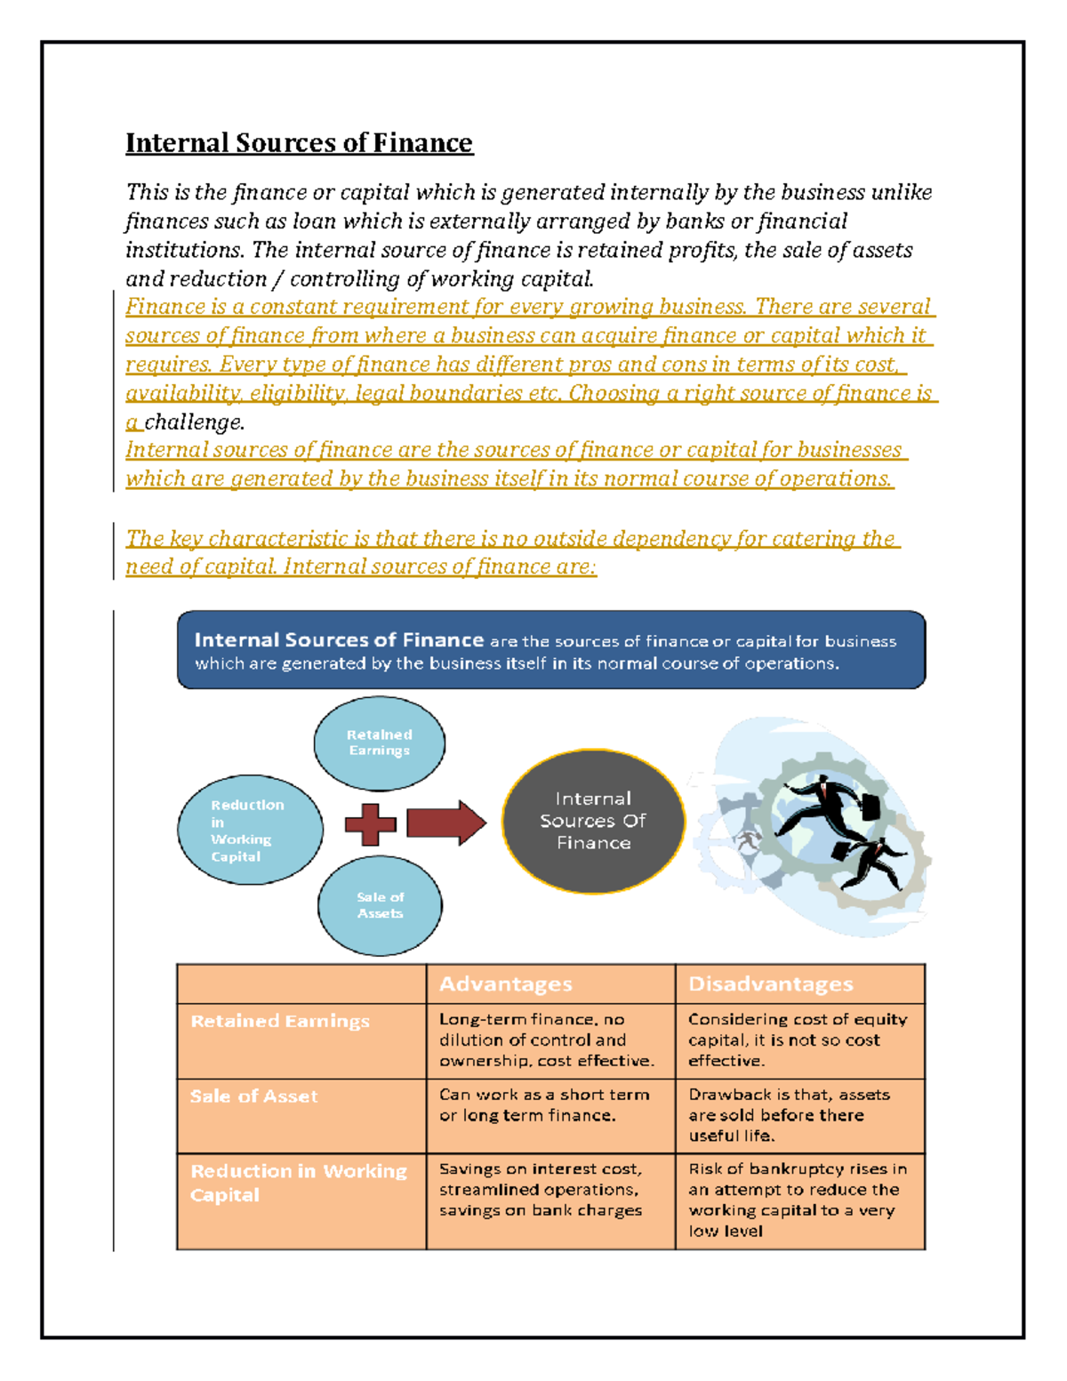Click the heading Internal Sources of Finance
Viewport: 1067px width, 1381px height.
point(299,143)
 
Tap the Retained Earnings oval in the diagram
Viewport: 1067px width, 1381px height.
point(380,743)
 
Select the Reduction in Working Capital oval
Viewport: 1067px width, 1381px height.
point(250,830)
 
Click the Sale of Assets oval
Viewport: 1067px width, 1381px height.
point(380,905)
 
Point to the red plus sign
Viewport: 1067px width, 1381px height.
point(370,824)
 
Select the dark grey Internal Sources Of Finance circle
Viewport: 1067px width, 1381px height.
point(593,821)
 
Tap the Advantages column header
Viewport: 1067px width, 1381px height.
point(506,984)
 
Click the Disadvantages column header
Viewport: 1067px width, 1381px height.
point(771,984)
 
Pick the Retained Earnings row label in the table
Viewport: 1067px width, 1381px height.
point(280,1022)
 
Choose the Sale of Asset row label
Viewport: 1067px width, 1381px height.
point(254,1096)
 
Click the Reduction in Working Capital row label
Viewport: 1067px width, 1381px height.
point(298,1183)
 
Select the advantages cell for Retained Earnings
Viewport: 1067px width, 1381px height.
point(548,1040)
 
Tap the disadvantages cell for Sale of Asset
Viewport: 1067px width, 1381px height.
point(789,1115)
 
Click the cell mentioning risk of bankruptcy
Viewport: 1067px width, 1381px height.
point(797,1200)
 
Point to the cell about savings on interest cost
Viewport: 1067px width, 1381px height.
point(541,1190)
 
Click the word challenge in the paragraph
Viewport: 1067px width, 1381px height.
point(194,422)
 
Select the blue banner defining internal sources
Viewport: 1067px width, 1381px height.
point(551,651)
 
